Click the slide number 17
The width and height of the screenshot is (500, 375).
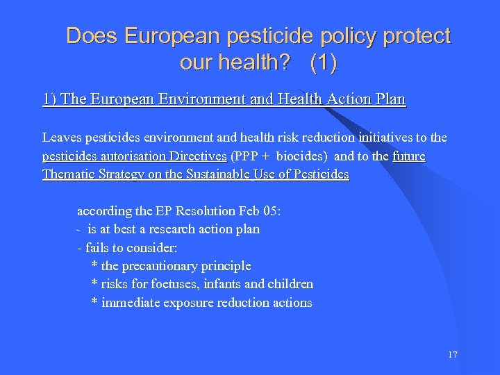click(453, 355)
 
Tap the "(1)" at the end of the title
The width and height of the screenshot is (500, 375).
click(324, 63)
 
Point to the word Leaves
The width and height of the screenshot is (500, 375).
click(61, 138)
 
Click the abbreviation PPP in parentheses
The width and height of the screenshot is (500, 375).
click(247, 156)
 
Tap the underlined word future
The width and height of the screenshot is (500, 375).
click(409, 156)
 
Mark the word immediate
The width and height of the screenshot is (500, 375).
click(131, 303)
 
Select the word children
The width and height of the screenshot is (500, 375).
click(290, 284)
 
